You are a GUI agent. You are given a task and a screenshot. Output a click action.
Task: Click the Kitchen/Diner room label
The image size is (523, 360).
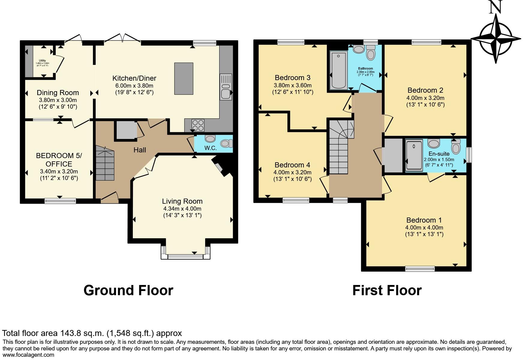click(134, 78)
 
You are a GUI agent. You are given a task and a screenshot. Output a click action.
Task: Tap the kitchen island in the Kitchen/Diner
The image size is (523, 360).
click(184, 78)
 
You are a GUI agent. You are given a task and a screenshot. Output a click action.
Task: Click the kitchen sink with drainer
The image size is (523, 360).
click(226, 87)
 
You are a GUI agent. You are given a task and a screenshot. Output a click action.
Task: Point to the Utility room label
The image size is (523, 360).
click(42, 61)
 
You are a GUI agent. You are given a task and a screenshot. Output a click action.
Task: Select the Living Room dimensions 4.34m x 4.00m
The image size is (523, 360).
click(182, 209)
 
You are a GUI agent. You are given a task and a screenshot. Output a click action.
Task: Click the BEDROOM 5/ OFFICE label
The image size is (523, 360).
click(59, 160)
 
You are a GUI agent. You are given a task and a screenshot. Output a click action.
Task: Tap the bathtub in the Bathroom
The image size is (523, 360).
click(338, 70)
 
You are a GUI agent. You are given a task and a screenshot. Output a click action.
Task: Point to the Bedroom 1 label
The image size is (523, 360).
click(424, 220)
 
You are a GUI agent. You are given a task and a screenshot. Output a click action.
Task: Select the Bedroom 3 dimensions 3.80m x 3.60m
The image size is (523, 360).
click(292, 85)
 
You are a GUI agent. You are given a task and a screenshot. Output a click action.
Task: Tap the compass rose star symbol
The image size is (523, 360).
click(496, 38)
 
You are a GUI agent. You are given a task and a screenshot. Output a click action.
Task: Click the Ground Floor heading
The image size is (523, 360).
click(128, 290)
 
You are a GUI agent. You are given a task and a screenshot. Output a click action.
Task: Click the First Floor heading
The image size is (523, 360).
click(387, 290)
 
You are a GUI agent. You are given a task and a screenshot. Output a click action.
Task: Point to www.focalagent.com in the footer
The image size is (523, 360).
click(28, 355)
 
